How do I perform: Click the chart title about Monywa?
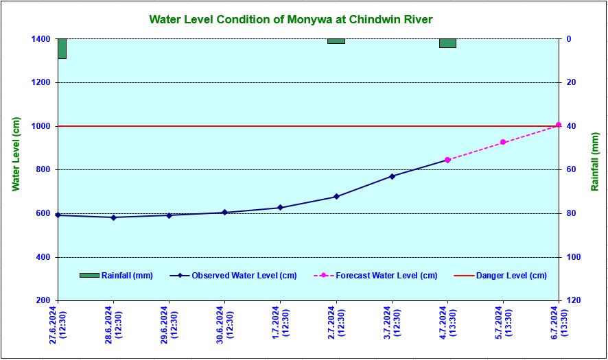pos(291,19)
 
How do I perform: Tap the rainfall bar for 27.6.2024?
pos(62,48)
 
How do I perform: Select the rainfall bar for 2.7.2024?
pos(336,41)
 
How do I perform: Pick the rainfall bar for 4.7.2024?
pos(447,43)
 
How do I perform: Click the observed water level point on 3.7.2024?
pos(392,176)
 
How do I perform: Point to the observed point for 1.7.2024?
pos(280,208)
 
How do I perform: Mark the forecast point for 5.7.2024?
pos(503,142)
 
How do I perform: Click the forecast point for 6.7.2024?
pos(559,125)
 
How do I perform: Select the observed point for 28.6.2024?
pos(113,217)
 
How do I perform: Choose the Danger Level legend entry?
pos(500,276)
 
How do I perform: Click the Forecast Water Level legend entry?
pos(375,276)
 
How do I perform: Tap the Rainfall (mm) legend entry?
pos(116,276)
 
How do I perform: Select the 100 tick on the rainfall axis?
pos(573,257)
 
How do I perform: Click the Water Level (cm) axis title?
pos(15,154)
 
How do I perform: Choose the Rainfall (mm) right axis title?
pos(595,162)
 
